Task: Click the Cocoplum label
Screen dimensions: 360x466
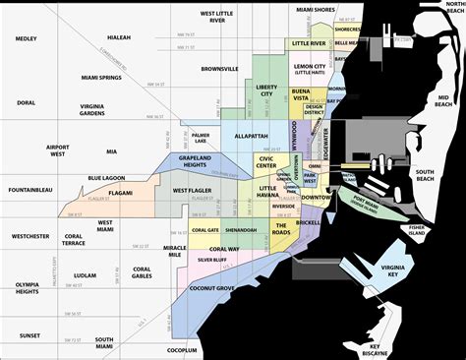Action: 182,349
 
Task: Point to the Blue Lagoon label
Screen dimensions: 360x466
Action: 107,178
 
